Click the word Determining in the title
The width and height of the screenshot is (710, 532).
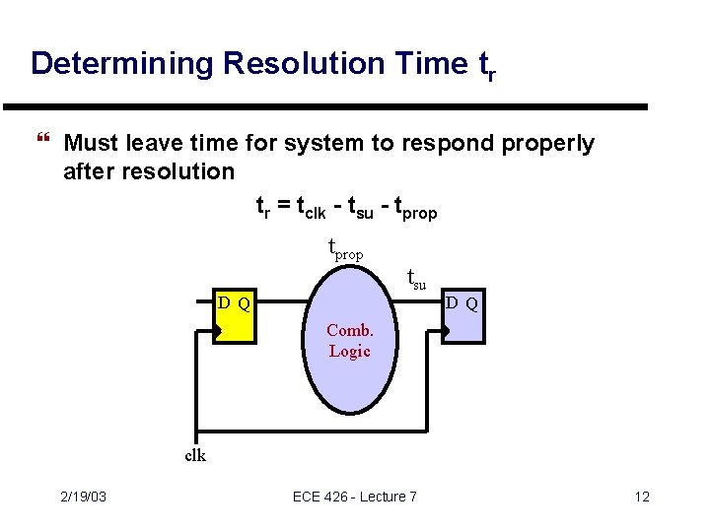(122, 64)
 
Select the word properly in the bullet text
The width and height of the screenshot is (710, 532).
(547, 144)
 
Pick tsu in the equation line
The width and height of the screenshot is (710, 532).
(372, 208)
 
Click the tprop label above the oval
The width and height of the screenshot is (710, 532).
(344, 250)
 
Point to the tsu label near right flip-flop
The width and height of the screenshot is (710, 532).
(416, 282)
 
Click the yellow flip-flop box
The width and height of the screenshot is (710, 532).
(235, 316)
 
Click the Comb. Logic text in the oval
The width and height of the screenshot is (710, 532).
(349, 341)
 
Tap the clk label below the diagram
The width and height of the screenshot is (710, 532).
(195, 455)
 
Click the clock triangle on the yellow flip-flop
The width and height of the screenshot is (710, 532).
(219, 333)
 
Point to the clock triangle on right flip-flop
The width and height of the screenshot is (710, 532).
(446, 333)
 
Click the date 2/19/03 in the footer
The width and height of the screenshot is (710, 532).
(84, 497)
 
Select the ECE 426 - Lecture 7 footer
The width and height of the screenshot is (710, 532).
(355, 497)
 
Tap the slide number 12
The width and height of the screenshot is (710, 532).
(642, 497)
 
